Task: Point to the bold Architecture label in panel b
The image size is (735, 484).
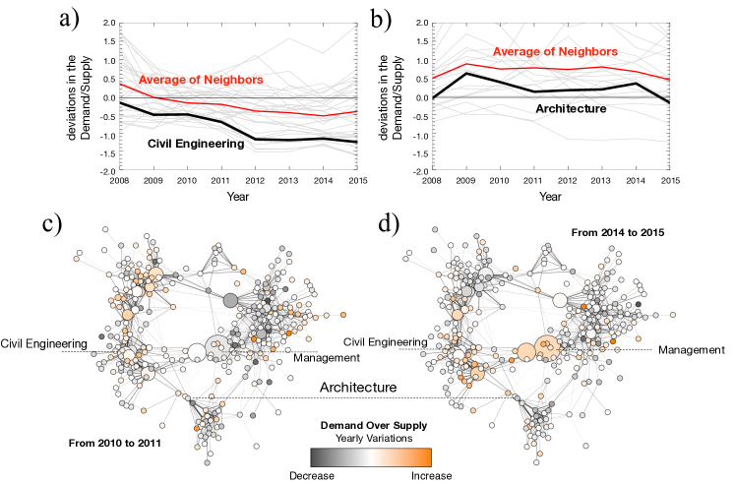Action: pyautogui.click(x=570, y=108)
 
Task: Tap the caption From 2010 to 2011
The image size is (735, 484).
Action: pyautogui.click(x=115, y=443)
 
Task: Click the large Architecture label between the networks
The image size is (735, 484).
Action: pyautogui.click(x=356, y=388)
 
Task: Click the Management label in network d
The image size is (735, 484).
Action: pyautogui.click(x=691, y=349)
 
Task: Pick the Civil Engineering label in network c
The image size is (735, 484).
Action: pyautogui.click(x=43, y=342)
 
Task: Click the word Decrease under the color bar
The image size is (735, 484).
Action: pyautogui.click(x=312, y=474)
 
